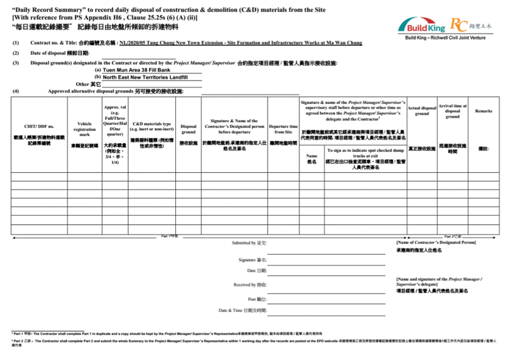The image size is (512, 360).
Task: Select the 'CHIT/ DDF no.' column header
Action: pos(39,126)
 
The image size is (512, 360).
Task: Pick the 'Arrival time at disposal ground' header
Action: pos(453,111)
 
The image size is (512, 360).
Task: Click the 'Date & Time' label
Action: pos(242,310)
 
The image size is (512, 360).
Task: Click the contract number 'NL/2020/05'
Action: pos(137,43)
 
